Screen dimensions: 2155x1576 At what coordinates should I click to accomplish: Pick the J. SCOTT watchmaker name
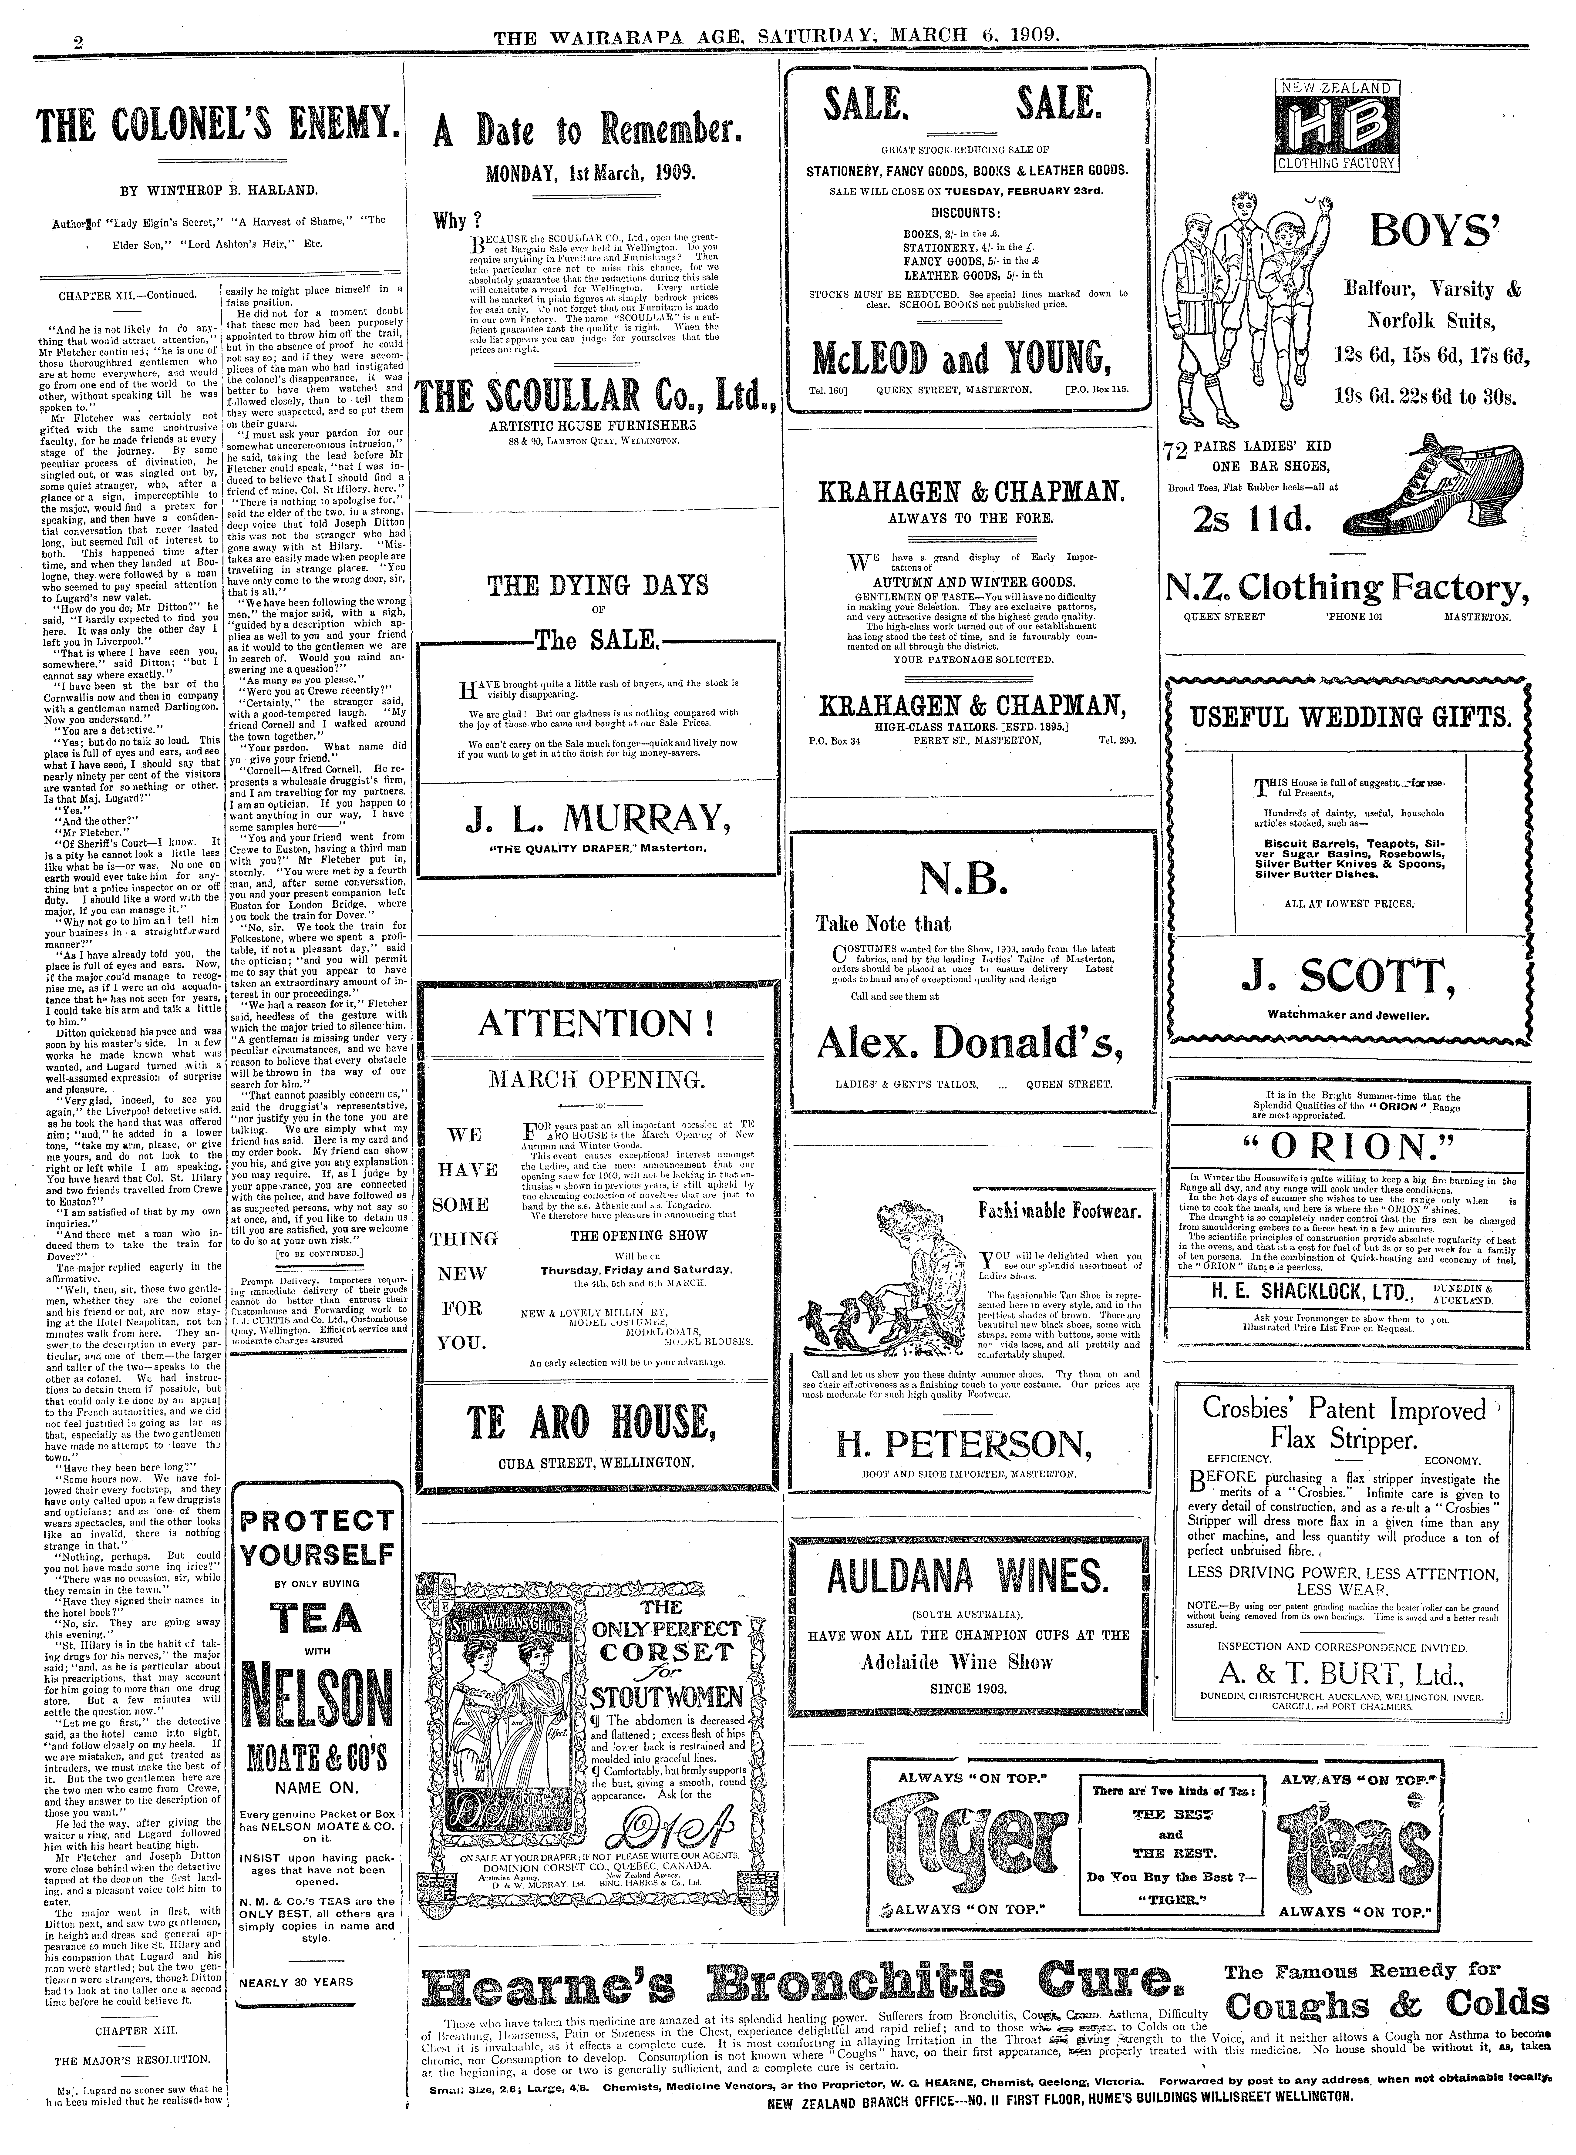tap(1338, 977)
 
